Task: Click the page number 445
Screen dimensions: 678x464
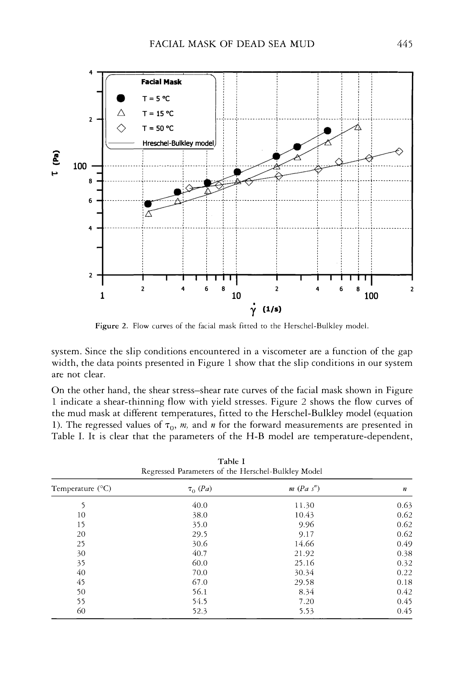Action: tap(405, 44)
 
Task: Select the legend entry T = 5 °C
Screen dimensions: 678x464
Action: tap(156, 99)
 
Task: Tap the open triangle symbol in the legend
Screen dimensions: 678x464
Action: tap(121, 113)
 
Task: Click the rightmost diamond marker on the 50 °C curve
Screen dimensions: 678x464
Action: tap(399, 151)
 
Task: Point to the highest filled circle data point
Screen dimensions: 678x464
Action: tap(327, 131)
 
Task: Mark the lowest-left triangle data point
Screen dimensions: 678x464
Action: tap(148, 214)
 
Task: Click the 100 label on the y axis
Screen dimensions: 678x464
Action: tap(80, 167)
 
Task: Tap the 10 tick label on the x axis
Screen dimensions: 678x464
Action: tap(236, 296)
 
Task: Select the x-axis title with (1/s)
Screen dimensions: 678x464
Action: tap(266, 309)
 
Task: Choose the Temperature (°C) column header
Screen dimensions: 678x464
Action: tap(81, 489)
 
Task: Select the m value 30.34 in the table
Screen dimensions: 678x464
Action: tap(304, 572)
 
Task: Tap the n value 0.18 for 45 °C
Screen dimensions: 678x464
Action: tap(405, 582)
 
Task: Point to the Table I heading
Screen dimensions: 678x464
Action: tap(231, 462)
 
